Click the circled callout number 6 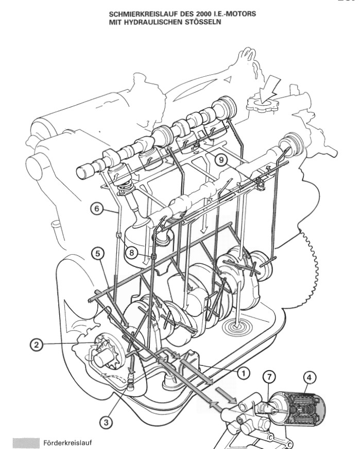click(96, 208)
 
